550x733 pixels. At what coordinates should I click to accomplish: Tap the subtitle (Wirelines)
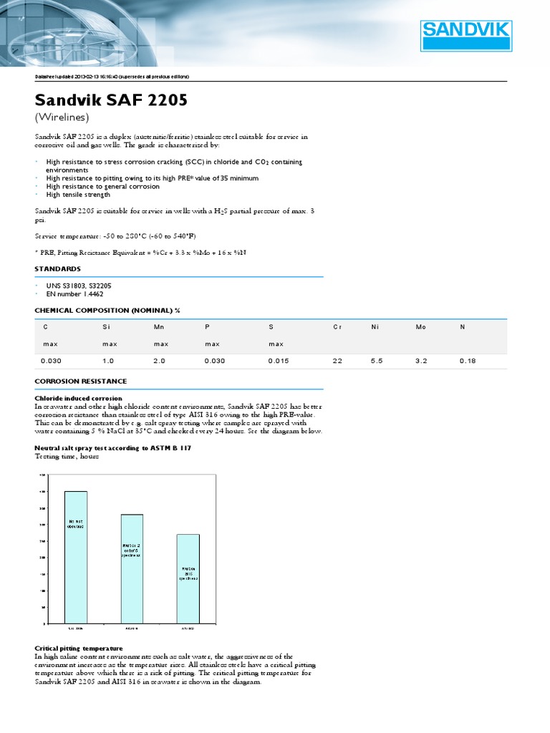62,117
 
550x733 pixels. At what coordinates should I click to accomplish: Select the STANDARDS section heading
58,268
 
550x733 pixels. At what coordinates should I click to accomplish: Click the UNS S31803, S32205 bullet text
79,285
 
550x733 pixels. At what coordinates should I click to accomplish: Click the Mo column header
420,326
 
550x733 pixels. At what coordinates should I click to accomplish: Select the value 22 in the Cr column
337,361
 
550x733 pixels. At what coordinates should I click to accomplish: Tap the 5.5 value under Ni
377,361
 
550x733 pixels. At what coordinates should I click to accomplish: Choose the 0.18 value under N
467,361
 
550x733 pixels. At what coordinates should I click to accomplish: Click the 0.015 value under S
279,361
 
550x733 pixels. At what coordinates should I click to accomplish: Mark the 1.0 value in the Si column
109,361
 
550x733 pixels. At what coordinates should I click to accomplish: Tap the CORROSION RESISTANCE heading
81,381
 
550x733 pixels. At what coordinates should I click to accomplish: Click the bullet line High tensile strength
78,195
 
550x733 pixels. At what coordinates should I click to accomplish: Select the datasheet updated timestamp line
112,77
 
